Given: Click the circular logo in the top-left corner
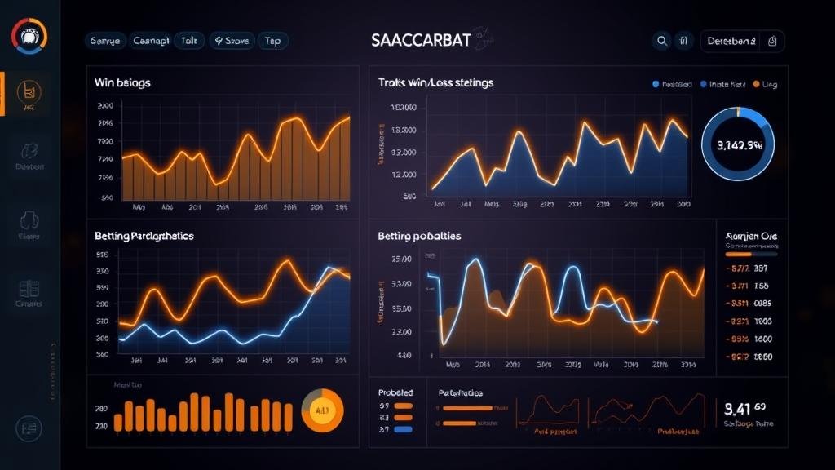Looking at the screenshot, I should tap(29, 36).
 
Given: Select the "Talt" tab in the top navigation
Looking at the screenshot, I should tap(188, 40).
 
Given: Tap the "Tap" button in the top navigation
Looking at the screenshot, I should tap(272, 40).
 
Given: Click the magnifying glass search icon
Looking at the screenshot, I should tap(661, 40).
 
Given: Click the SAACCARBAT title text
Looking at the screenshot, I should tap(419, 40).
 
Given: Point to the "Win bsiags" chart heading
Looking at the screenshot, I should tap(122, 82).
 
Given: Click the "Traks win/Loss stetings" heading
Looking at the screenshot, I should tap(435, 82).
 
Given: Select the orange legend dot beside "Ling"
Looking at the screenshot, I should tap(756, 84).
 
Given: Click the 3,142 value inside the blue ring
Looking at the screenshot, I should tap(739, 145).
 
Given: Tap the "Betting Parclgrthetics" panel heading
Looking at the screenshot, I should tap(144, 236).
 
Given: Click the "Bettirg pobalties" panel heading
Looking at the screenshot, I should tap(419, 236).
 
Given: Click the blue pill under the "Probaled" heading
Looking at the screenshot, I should tap(402, 429).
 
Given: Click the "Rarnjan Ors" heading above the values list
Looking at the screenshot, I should tap(751, 237).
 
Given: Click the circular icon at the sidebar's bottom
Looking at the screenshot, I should tap(29, 427).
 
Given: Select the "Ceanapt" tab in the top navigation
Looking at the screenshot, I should tap(151, 40).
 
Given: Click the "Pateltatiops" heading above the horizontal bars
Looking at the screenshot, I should tap(460, 392).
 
